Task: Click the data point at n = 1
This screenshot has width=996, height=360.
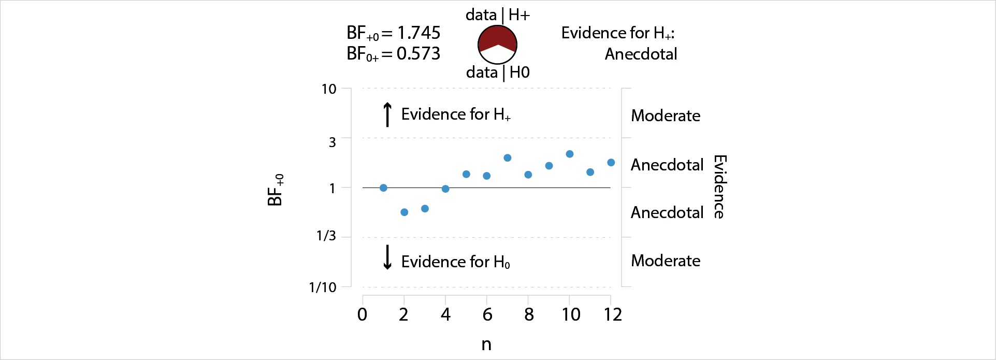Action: [383, 188]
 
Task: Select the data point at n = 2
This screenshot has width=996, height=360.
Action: [405, 212]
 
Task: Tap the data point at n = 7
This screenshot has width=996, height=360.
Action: [508, 158]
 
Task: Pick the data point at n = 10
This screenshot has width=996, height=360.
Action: [570, 154]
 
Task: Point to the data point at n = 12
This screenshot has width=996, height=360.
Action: [611, 163]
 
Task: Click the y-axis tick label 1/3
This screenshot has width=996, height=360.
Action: [326, 236]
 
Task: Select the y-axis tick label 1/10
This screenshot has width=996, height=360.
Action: [323, 287]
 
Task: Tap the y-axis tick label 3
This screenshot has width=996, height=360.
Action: [333, 142]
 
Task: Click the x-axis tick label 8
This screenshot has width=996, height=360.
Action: [529, 314]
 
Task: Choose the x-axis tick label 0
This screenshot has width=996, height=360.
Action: [363, 314]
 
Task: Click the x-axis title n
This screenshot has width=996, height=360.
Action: [486, 344]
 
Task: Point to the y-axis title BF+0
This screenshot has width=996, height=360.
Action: [276, 190]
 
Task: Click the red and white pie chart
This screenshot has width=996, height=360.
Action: [497, 44]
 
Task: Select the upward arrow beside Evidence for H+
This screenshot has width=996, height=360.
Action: [387, 114]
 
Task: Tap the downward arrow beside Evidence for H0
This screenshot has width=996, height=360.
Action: [387, 258]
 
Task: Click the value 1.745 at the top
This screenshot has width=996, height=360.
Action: [418, 33]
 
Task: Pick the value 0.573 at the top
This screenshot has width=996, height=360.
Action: [418, 54]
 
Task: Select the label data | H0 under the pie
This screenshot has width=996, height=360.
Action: [498, 73]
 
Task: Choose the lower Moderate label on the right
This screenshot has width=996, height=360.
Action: [666, 261]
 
